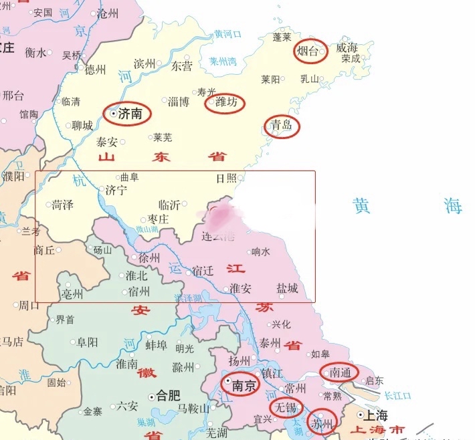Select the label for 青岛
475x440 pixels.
282,126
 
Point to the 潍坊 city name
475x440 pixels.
225,103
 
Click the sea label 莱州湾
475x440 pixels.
223,61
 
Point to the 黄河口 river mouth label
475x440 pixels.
227,34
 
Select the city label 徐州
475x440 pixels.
149,258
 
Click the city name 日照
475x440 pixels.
226,178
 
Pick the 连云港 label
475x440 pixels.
219,236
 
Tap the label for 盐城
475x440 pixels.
287,288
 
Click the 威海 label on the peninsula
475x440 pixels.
347,47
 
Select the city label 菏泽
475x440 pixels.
62,205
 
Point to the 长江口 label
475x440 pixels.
399,395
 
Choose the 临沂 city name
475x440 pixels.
169,205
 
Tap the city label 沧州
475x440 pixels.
108,12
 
